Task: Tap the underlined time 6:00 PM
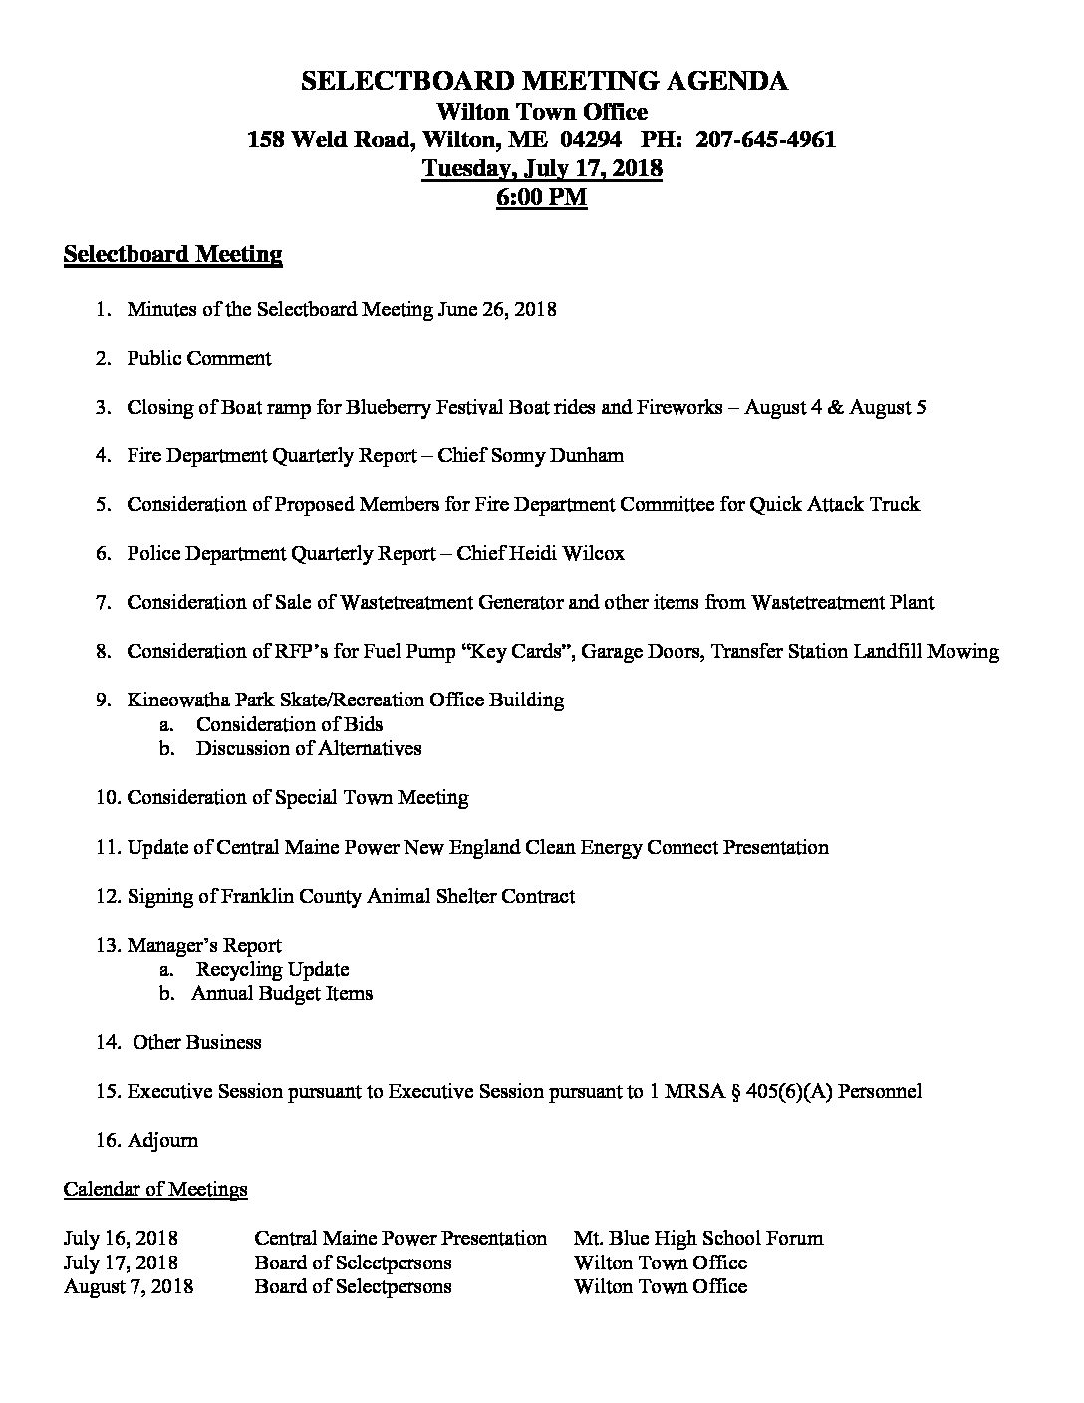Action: point(542,197)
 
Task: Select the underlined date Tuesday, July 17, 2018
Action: point(542,168)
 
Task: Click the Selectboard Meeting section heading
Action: point(172,255)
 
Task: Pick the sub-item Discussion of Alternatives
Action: point(309,748)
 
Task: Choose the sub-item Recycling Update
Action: point(272,969)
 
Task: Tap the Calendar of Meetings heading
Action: point(155,1189)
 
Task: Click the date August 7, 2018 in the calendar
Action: point(129,1286)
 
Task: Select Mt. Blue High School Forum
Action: point(698,1239)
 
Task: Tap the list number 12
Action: point(107,896)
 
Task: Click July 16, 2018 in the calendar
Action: point(122,1239)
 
